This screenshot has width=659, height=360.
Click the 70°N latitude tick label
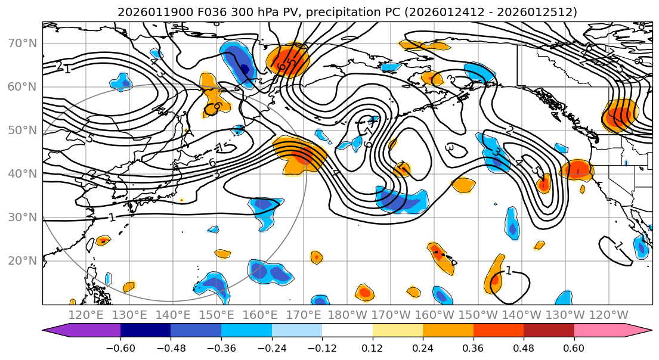coord(22,44)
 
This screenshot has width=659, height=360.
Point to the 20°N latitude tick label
coord(22,261)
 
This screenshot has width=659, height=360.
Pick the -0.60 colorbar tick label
coord(120,347)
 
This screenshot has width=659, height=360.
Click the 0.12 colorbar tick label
coord(373,347)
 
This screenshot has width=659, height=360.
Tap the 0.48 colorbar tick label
coord(524,347)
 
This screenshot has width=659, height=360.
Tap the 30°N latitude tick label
coord(22,218)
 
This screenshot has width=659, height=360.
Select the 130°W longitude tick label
coord(565,315)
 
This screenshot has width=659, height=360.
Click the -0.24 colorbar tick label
coord(271,347)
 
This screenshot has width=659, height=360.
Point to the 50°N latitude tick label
coord(22,131)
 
